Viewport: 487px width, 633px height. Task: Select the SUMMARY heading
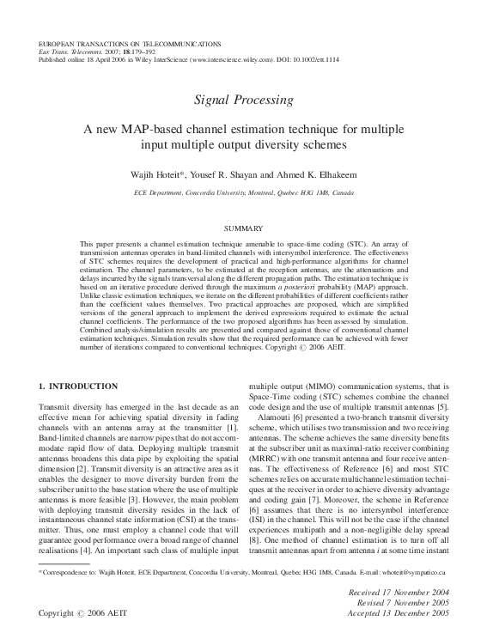[243, 229]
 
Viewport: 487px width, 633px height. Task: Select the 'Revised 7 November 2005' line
[403, 604]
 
